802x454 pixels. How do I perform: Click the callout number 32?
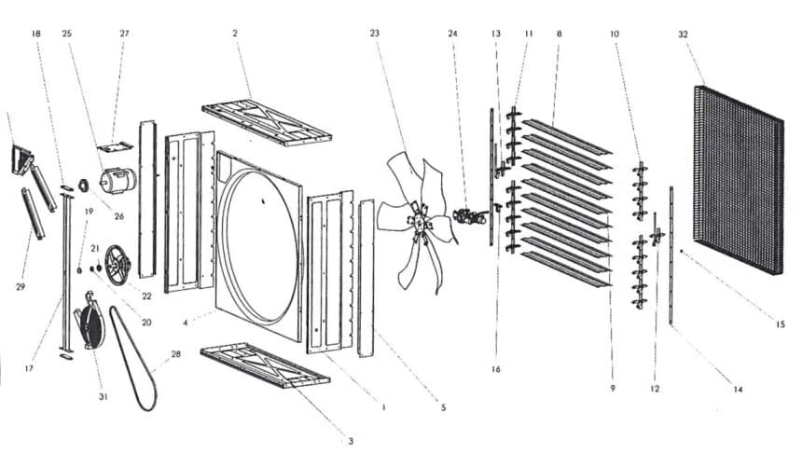683,34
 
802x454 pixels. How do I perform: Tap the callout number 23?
374,34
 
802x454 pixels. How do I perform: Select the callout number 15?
780,324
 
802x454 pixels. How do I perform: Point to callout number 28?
175,354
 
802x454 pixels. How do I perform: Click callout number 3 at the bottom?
351,441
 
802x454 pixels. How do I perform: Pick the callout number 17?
29,368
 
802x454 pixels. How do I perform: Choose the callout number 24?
452,34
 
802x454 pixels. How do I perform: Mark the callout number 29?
21,287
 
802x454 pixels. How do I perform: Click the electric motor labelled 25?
118,181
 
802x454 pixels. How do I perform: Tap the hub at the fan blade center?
420,223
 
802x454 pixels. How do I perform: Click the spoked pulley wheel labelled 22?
118,266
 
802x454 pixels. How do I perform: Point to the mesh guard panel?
738,180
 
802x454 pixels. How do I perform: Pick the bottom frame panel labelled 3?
265,365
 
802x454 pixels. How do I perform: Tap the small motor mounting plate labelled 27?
115,146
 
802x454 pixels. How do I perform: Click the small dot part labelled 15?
682,252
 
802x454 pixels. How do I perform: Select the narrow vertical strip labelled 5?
366,278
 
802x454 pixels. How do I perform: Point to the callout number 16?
495,369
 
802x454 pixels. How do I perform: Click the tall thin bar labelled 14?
671,255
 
